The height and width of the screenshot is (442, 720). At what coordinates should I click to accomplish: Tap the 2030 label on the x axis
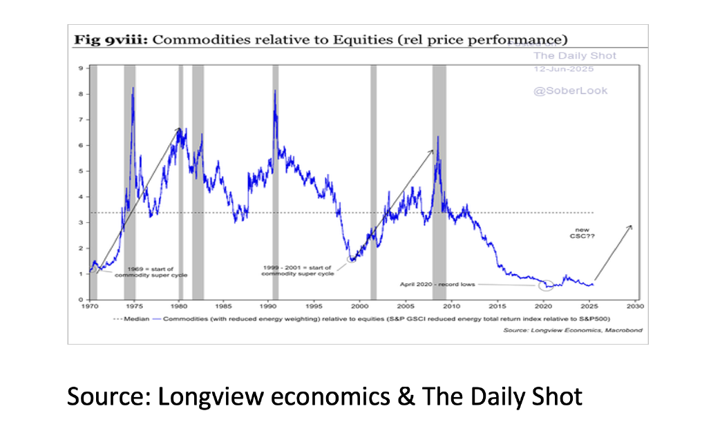coord(635,305)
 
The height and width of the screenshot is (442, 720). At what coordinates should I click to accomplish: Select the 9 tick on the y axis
coord(82,68)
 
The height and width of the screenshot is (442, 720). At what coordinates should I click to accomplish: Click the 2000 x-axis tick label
coord(361,305)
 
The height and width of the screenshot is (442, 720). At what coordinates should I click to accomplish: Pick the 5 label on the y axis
coord(82,171)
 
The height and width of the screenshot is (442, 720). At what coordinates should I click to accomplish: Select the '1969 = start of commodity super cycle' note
coord(149,271)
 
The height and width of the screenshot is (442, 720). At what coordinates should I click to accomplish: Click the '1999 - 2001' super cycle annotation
coord(297,271)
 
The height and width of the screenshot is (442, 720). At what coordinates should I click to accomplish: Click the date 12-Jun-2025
coord(564,69)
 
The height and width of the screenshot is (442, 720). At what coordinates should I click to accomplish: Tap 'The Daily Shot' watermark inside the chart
coord(574,55)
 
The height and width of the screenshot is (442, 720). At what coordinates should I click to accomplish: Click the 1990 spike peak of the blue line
coord(275,90)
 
